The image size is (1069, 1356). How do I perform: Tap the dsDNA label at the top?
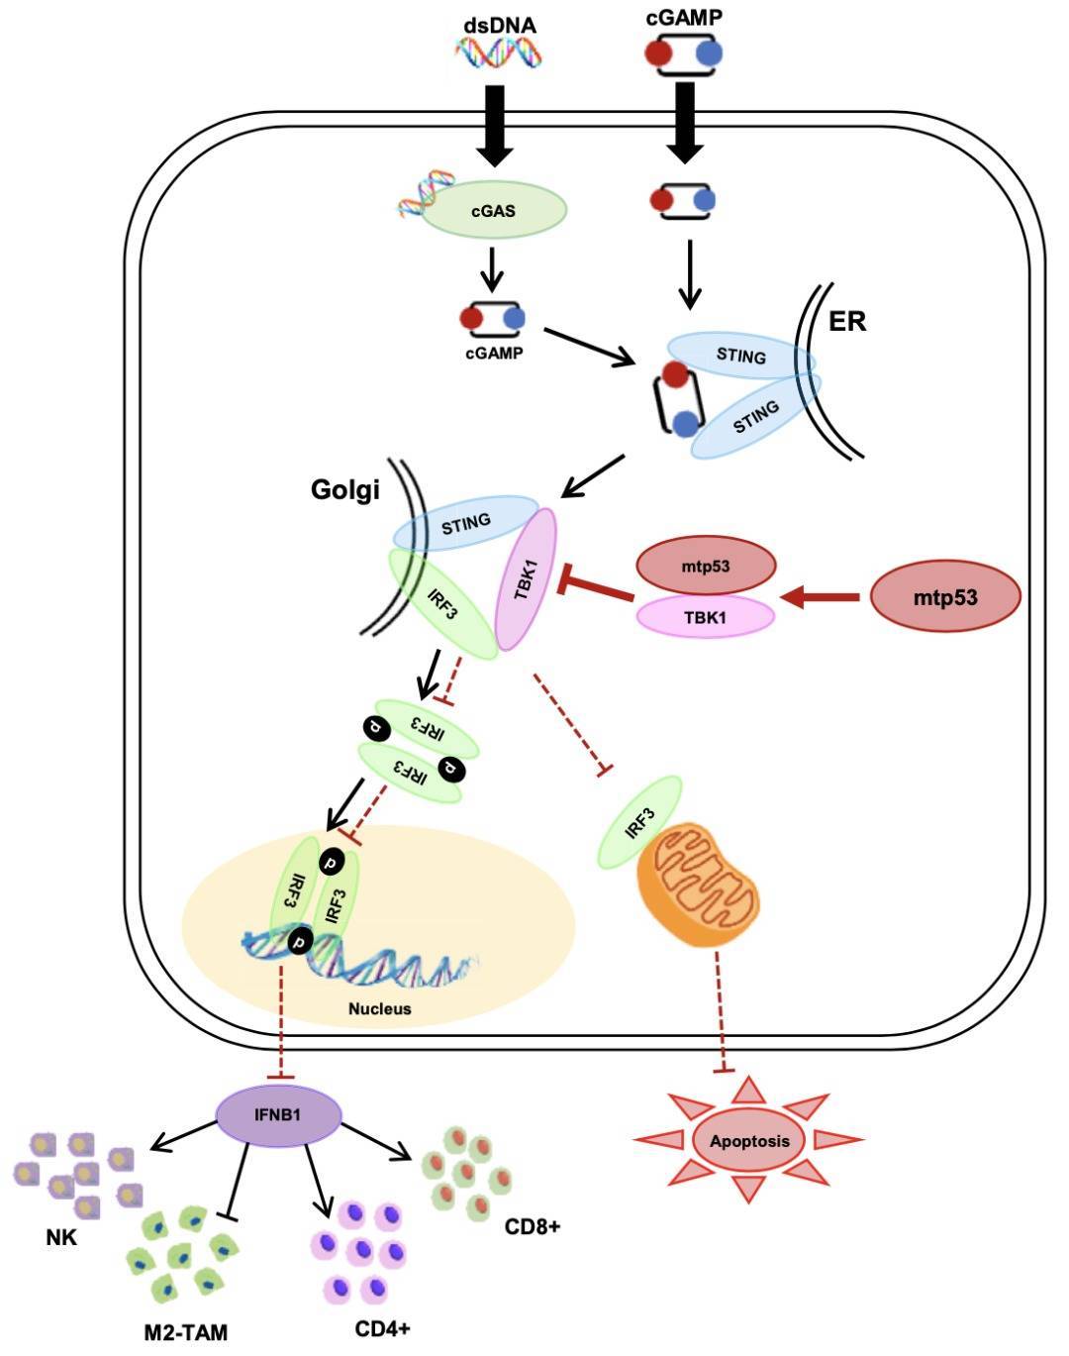pos(499,25)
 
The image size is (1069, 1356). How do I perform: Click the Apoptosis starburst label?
pos(749,1140)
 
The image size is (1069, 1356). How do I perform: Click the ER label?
pos(846,321)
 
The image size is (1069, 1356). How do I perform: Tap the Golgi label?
pos(344,489)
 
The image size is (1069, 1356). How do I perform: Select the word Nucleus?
pos(379,1009)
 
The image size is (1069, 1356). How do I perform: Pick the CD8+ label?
pos(533,1227)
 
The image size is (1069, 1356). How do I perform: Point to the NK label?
pos(61,1237)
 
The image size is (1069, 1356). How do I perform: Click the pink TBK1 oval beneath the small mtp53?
pos(705,615)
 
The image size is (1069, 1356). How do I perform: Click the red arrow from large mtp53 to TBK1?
pos(823,596)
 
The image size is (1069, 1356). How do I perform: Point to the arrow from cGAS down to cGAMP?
pos(492,270)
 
